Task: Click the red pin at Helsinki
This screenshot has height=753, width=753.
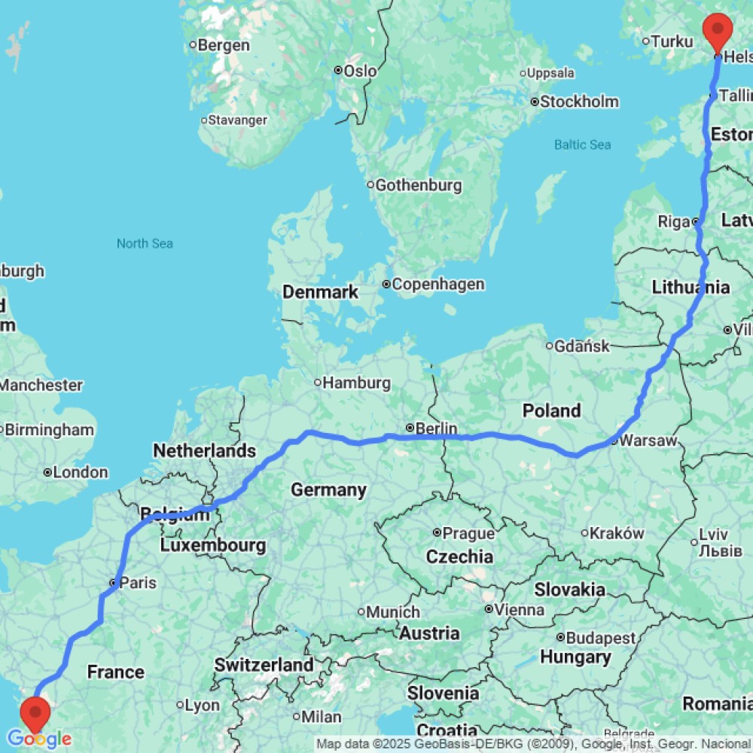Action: pyautogui.click(x=718, y=30)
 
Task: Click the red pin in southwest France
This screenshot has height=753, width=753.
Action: pyautogui.click(x=35, y=712)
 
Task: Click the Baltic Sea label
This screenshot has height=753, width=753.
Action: pyautogui.click(x=583, y=145)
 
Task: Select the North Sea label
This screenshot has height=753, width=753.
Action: pyautogui.click(x=145, y=243)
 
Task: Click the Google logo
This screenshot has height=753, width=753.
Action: pyautogui.click(x=39, y=739)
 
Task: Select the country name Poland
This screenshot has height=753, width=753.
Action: pyautogui.click(x=552, y=410)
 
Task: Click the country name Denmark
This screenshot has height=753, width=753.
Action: pyautogui.click(x=320, y=291)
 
